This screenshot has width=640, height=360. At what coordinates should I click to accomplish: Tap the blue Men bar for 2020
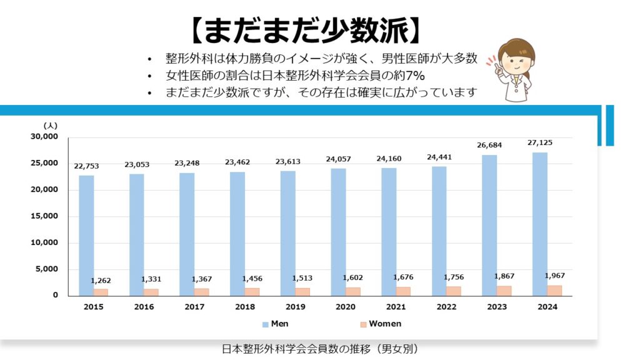[x=338, y=232]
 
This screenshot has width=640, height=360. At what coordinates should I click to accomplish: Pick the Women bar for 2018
[x=252, y=291]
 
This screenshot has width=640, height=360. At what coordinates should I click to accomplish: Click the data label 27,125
[x=540, y=142]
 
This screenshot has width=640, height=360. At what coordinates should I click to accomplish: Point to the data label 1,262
[x=101, y=281]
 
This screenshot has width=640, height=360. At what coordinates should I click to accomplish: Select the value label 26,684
[x=489, y=145]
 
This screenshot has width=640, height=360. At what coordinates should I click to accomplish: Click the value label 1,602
[x=353, y=277]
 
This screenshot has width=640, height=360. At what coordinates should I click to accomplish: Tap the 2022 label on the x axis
[x=446, y=307]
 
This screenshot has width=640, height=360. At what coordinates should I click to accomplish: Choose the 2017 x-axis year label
[x=194, y=307]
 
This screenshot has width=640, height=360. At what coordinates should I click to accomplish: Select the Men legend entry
[x=275, y=324]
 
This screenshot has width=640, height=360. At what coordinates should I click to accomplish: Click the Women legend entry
[x=380, y=324]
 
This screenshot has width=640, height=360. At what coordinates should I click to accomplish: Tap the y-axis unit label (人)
[x=51, y=126]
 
